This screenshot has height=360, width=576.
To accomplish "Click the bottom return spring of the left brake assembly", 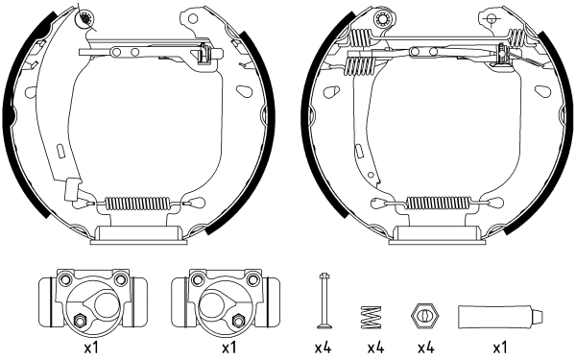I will click(x=136, y=203).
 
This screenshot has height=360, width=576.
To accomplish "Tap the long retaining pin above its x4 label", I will click(x=324, y=300).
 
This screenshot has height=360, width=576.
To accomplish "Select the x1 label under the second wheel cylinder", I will click(x=228, y=348).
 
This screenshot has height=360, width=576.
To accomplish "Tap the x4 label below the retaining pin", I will click(x=324, y=348).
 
